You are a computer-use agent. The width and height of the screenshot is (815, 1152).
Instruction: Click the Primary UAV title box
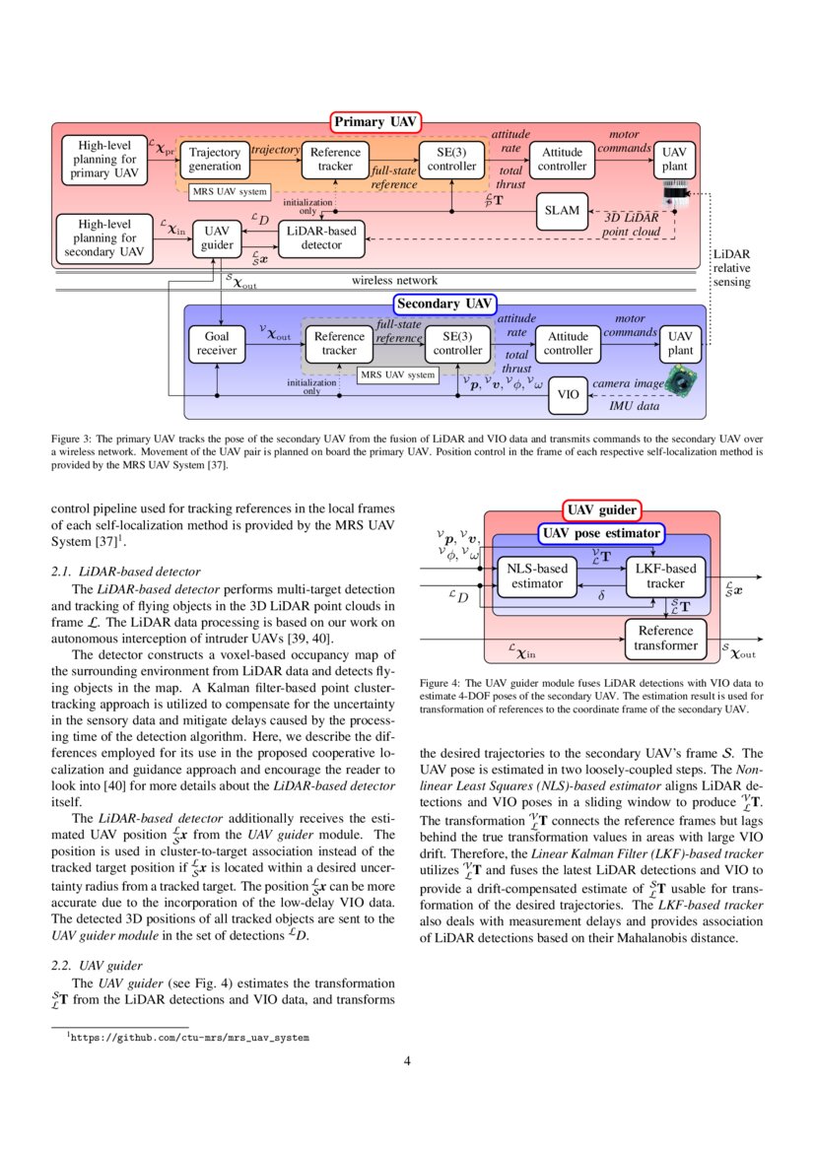click(375, 122)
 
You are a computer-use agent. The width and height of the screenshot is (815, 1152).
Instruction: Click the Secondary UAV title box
click(445, 304)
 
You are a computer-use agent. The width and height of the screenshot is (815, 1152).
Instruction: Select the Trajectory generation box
click(215, 160)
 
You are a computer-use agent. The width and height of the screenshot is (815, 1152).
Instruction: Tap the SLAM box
click(562, 210)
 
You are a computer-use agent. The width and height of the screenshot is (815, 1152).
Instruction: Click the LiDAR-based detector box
click(321, 237)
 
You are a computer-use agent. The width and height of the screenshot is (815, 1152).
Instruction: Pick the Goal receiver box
click(216, 343)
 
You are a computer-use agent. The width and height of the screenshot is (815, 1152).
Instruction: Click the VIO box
click(568, 394)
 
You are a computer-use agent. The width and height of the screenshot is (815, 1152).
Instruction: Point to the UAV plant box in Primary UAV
click(674, 160)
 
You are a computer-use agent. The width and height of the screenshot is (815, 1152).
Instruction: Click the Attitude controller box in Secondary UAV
click(568, 343)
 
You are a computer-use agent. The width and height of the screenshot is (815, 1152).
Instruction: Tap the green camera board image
click(681, 382)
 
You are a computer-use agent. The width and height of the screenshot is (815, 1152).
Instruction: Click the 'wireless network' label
click(394, 281)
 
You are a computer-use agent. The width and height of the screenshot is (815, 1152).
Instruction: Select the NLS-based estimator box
click(537, 576)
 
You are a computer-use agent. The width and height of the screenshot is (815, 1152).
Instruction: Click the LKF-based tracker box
click(665, 576)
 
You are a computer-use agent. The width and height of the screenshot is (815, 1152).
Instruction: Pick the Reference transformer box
click(665, 639)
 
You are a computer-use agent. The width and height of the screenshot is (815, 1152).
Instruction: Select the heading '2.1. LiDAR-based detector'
click(125, 571)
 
